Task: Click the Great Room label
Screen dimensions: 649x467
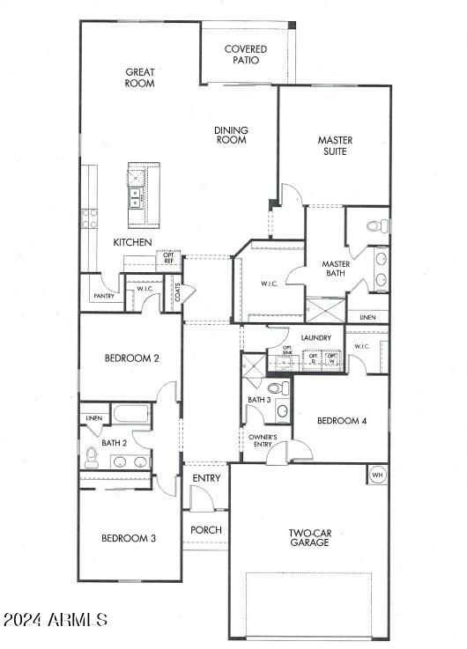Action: click(x=140, y=77)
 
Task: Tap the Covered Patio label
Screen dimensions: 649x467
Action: click(x=245, y=55)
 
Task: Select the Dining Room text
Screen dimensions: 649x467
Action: click(x=232, y=135)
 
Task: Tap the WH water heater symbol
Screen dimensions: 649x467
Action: click(x=377, y=475)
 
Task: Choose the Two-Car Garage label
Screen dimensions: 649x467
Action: click(x=308, y=537)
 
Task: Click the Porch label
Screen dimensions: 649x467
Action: click(x=206, y=530)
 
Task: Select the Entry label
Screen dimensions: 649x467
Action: click(x=206, y=478)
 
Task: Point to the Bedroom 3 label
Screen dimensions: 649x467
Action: click(x=129, y=538)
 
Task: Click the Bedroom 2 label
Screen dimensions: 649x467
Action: click(x=131, y=358)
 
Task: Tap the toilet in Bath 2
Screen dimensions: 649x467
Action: click(x=91, y=457)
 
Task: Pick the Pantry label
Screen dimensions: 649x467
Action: click(x=102, y=297)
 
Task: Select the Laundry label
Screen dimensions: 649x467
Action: click(x=315, y=338)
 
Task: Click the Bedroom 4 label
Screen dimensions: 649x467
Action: click(x=342, y=421)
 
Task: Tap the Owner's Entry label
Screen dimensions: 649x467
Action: click(x=262, y=441)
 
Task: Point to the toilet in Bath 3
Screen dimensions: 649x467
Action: click(x=278, y=387)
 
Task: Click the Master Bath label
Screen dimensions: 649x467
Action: click(x=337, y=269)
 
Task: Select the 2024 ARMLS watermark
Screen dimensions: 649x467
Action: click(x=56, y=621)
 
